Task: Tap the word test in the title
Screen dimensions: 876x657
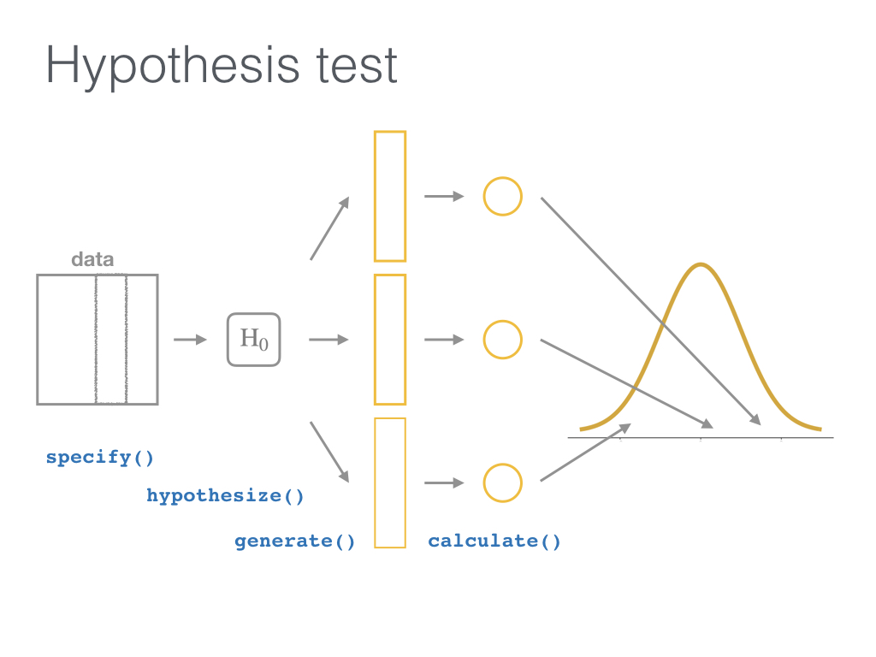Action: (x=357, y=66)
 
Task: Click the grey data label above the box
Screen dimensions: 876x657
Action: (x=92, y=259)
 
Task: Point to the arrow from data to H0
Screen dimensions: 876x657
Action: (x=190, y=340)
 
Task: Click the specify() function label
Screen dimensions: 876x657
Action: (x=99, y=458)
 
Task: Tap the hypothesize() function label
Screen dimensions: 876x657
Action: (x=225, y=495)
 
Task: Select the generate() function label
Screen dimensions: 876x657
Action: (x=294, y=541)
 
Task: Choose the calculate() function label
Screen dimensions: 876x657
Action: (x=494, y=541)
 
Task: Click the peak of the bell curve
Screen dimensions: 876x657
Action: (x=701, y=265)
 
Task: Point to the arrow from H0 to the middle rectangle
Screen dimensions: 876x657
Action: (x=328, y=340)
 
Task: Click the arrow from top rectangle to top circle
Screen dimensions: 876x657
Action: (x=444, y=196)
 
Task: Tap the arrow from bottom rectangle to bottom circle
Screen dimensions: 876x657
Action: (x=444, y=482)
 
